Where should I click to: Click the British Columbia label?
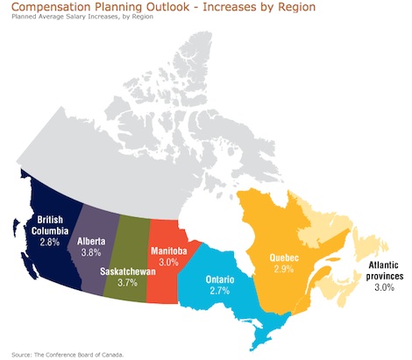[50, 225]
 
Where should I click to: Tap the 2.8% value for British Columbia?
[50, 242]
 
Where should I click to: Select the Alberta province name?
[91, 241]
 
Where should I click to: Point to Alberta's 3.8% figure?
[91, 252]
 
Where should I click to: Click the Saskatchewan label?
[128, 272]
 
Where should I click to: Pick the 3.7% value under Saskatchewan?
[128, 283]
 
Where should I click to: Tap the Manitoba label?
[169, 251]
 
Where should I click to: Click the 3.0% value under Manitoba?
[169, 262]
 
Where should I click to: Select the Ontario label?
[220, 279]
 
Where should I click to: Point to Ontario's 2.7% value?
[220, 291]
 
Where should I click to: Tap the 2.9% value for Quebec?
[284, 269]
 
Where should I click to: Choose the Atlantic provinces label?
[385, 271]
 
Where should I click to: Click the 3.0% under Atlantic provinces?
[385, 287]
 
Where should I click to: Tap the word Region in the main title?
[297, 7]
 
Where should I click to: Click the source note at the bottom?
[67, 355]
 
